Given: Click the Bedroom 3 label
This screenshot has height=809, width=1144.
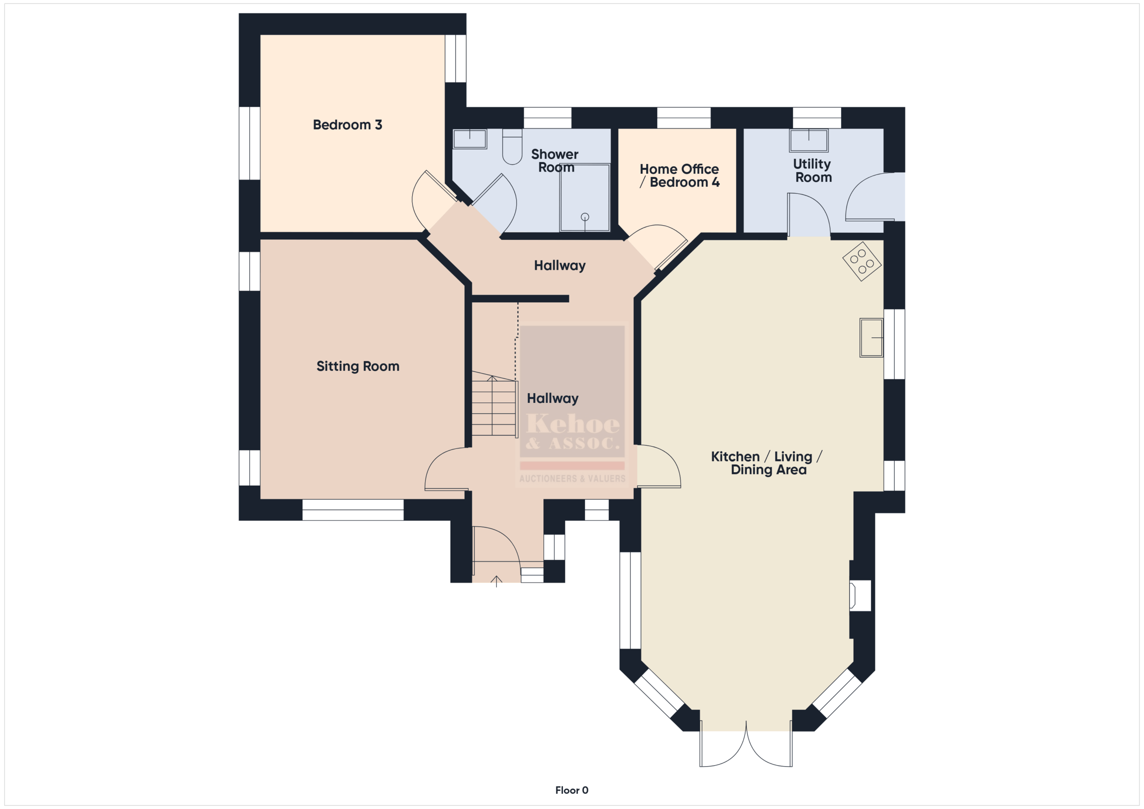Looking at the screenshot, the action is point(347,125).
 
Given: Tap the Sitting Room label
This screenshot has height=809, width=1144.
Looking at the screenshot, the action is point(358,366).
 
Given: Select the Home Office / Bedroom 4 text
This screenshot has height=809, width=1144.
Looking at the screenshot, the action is point(679,176).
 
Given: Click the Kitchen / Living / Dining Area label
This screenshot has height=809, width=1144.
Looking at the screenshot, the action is point(767,463).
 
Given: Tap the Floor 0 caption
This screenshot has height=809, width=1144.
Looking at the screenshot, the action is point(572,790).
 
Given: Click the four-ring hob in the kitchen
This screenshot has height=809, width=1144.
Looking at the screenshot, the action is point(862,261).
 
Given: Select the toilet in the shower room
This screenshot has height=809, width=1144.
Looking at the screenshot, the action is point(512,147).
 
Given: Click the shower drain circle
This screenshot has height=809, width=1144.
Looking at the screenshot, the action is point(585,217).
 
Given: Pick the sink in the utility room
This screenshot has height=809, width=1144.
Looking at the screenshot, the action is point(809,140).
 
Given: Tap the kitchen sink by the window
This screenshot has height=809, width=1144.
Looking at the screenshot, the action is point(871,338).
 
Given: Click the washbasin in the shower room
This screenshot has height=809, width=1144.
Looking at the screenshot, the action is point(470,139).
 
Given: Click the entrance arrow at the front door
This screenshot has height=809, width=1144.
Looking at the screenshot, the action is point(496,581).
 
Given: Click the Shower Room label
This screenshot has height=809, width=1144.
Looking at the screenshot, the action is point(555,161).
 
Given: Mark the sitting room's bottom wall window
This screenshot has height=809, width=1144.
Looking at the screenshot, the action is point(353,510).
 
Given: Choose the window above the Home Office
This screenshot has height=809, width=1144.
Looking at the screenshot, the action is point(684,118).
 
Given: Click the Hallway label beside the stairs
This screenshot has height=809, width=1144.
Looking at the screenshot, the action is point(553,398).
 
